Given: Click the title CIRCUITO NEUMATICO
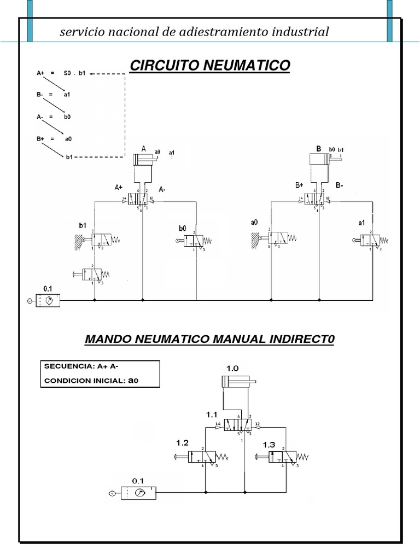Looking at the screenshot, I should click(209, 66).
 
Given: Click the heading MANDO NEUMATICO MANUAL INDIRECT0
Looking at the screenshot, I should click(209, 340).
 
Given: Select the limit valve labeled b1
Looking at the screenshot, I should click(101, 239).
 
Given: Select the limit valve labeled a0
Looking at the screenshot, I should click(276, 238).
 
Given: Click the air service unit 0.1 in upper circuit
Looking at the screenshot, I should click(48, 301).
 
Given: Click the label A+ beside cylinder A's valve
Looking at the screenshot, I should click(119, 188).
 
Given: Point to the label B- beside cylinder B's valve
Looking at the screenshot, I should click(340, 185).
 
